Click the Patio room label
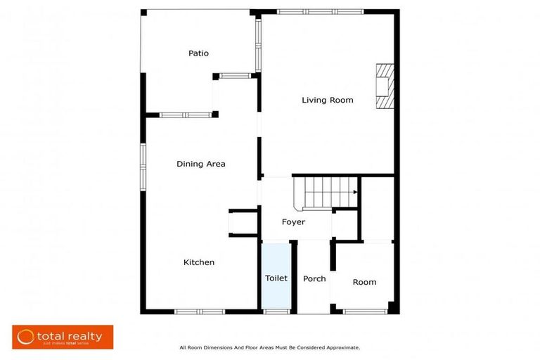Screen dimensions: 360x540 click(198, 53)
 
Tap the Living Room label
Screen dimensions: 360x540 click(328, 101)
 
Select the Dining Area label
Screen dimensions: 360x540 click(200, 164)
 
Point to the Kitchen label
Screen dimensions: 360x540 click(199, 262)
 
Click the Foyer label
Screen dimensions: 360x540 click(293, 222)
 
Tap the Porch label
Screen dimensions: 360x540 click(314, 279)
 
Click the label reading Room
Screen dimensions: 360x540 click(364, 282)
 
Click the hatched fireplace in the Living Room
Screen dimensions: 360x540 click(384, 86)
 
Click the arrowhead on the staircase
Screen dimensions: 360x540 click(355, 191)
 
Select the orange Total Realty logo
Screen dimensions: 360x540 click(63, 337)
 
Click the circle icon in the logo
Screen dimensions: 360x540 click(27, 336)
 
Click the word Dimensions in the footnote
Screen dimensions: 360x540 click(219, 347)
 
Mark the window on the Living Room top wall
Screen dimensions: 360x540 click(320, 12)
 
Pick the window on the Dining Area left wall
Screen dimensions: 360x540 click(143, 167)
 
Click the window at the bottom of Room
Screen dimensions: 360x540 click(365, 311)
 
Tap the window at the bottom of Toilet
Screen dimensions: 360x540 click(276, 311)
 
